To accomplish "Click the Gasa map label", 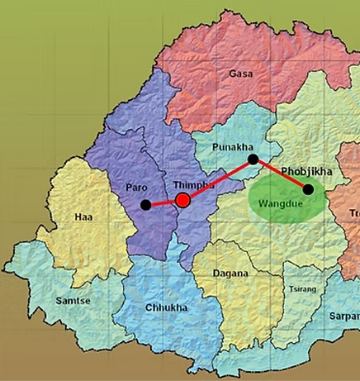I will (240, 74).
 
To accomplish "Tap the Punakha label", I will (233, 147).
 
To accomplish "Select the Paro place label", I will (136, 188).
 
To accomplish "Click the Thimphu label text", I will (194, 185).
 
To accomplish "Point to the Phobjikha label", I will (306, 172).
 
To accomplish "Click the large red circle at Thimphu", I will (183, 200).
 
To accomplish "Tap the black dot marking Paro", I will (146, 204).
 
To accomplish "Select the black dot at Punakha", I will (253, 159).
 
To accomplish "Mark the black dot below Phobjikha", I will (308, 189).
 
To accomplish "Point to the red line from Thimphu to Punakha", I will (219, 179).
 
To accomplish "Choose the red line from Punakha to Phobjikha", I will (281, 174).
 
